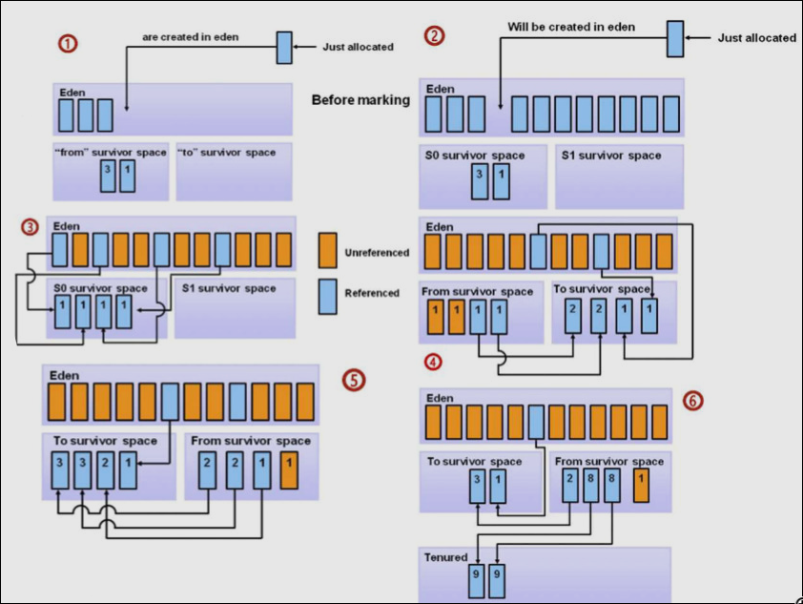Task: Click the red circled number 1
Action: point(69,43)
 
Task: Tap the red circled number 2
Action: point(435,36)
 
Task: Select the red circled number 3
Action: point(31,227)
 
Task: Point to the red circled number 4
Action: point(435,362)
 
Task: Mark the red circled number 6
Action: point(693,400)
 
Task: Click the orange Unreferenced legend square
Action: point(327,251)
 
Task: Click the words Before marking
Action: point(360,99)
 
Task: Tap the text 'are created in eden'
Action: point(190,37)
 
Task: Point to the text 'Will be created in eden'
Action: point(571,28)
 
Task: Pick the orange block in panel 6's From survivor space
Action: point(642,485)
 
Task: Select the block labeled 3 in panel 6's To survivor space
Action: point(477,486)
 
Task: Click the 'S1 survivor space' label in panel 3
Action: point(229,288)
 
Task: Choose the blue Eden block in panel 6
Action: point(537,421)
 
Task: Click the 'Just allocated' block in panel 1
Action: point(284,48)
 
